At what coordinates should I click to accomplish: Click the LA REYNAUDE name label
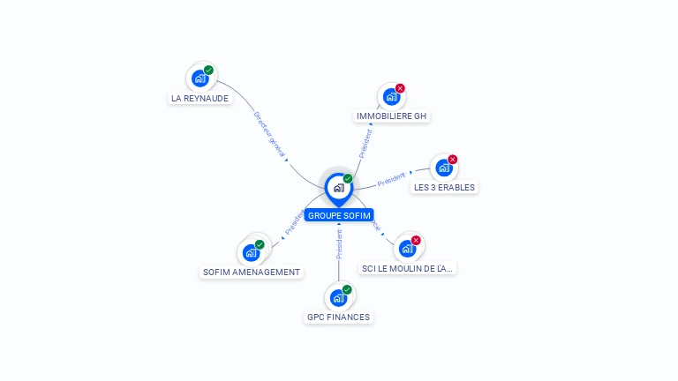click(x=200, y=99)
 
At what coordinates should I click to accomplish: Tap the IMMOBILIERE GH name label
click(x=392, y=116)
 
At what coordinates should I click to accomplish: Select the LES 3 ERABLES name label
click(x=444, y=187)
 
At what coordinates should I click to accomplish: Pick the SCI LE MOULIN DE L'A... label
click(x=408, y=268)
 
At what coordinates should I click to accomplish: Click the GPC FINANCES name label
click(x=338, y=317)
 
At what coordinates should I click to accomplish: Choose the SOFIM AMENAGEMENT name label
click(x=252, y=273)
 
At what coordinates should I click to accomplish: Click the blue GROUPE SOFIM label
click(x=339, y=215)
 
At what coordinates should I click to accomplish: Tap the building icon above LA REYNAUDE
click(x=200, y=78)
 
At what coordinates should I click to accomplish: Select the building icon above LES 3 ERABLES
click(x=443, y=168)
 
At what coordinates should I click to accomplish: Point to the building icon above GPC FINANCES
click(x=337, y=298)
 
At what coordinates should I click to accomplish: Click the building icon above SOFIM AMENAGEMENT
click(x=251, y=253)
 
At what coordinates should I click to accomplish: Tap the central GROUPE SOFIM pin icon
click(x=338, y=188)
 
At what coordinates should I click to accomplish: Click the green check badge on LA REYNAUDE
click(x=208, y=70)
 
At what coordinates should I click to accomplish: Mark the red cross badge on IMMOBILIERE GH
click(x=400, y=88)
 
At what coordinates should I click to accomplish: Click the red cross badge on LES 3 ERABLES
click(x=453, y=160)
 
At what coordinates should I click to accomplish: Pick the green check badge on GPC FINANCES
click(x=347, y=289)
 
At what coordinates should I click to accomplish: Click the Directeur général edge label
click(x=270, y=135)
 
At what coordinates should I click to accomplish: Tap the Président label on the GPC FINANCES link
click(x=338, y=244)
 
